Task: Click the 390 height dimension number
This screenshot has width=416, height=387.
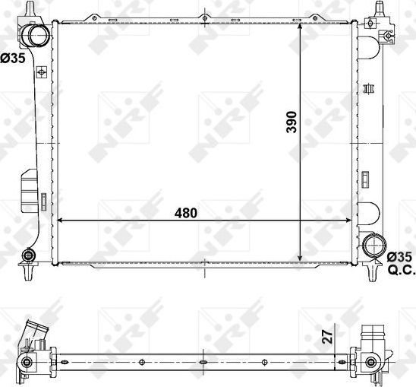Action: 291,122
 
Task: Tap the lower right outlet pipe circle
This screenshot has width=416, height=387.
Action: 373,246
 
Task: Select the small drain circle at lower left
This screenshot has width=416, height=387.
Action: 30,255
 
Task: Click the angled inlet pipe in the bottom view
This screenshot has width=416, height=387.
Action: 34,335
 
